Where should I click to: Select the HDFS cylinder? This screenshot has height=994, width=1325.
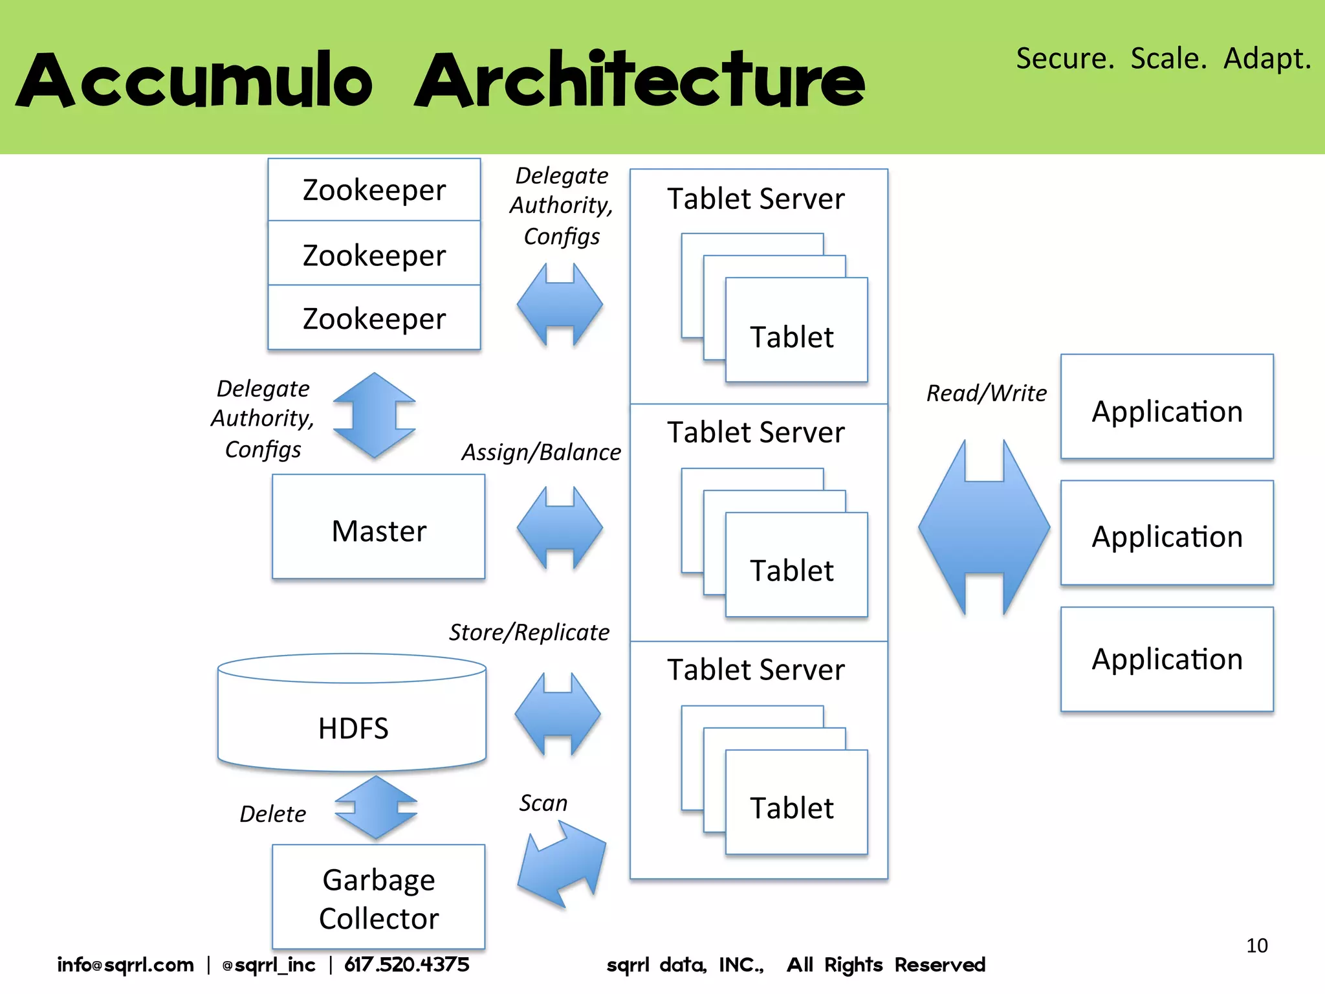[353, 718]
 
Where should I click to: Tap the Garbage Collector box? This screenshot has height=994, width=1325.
[378, 897]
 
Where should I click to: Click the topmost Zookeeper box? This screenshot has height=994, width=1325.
[374, 190]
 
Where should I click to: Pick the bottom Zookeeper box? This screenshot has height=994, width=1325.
[374, 318]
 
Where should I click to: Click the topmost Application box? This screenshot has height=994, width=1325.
[1166, 407]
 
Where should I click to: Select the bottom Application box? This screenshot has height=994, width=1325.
[1166, 659]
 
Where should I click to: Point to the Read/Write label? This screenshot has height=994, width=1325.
[986, 393]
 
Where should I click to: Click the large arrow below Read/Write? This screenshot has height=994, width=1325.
[983, 527]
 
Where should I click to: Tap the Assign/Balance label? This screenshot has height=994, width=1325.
[541, 452]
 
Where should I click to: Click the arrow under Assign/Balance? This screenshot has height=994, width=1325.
[560, 528]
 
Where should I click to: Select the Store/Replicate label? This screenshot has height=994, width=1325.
[529, 632]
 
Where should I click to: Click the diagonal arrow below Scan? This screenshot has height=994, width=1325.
[562, 864]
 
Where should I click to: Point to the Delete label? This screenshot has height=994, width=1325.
[272, 813]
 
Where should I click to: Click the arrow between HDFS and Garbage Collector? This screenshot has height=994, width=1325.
[376, 808]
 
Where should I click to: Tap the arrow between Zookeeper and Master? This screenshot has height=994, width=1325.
[374, 415]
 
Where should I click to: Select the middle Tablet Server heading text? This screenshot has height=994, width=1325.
[756, 432]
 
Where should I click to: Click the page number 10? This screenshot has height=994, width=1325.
[1256, 945]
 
